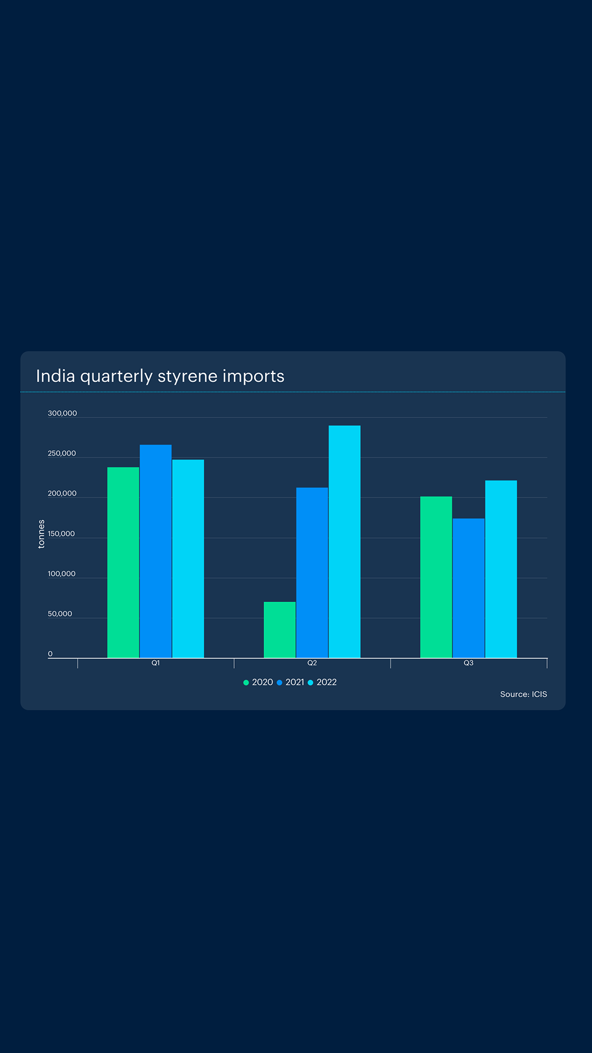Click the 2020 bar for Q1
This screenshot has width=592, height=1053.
[123, 562]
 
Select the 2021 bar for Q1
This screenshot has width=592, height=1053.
[156, 551]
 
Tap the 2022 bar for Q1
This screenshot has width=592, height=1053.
[188, 558]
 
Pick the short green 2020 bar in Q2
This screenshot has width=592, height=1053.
[280, 630]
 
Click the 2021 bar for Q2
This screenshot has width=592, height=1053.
[312, 573]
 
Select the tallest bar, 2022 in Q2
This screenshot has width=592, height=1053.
[344, 541]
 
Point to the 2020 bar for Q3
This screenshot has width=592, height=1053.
[436, 577]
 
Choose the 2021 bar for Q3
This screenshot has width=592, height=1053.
[469, 588]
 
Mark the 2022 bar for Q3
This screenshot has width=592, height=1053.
[501, 569]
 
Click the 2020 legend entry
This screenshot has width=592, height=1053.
[258, 682]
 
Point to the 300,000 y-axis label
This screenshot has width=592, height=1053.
[62, 414]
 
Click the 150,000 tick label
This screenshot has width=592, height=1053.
[61, 534]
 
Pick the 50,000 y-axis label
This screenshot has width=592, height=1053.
[60, 614]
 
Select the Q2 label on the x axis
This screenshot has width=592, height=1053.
[312, 663]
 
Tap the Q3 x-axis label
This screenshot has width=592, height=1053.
[469, 663]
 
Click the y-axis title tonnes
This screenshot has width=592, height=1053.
[41, 534]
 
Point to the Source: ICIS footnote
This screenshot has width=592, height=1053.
[523, 694]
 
